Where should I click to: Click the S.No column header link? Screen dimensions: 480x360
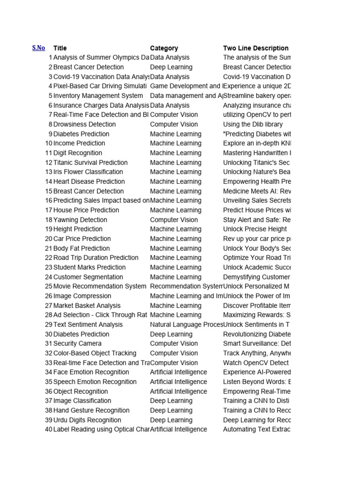(38, 48)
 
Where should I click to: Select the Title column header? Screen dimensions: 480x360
(60, 48)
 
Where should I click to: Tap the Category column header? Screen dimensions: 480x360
(164, 48)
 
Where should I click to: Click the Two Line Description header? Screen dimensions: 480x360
(255, 48)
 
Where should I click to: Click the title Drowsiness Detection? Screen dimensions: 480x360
(84, 124)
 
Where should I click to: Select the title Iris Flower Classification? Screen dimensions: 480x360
(88, 172)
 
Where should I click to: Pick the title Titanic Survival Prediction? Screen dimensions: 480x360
(90, 163)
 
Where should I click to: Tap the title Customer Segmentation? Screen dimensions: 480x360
(88, 277)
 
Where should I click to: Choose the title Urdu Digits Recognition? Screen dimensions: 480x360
(87, 420)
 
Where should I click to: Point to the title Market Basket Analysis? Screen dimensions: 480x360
(87, 306)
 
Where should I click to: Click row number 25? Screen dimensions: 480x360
(48, 286)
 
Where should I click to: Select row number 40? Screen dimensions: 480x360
(48, 429)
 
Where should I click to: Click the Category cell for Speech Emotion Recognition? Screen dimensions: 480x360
(178, 382)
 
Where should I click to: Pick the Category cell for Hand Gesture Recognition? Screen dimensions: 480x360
(171, 410)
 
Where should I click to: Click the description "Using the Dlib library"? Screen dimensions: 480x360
(253, 124)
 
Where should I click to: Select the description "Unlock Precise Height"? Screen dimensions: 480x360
(255, 229)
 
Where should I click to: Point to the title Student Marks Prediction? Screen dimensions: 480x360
(90, 268)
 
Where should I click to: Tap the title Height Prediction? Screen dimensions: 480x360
(78, 229)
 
